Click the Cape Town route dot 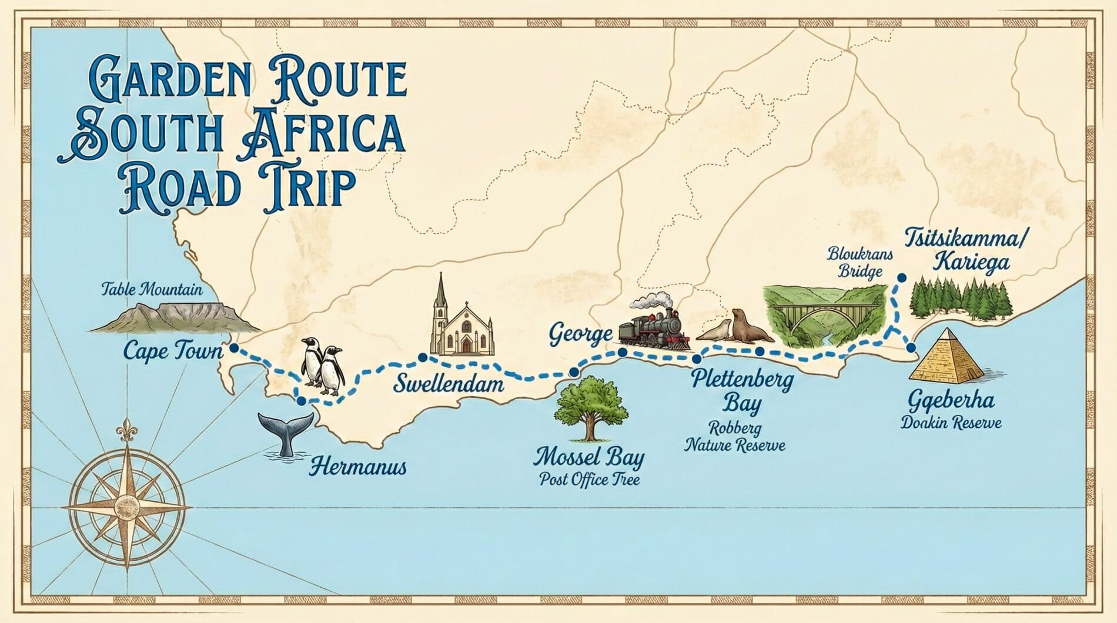pyautogui.click(x=234, y=348)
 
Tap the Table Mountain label pyautogui.click(x=152, y=289)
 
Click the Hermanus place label pyautogui.click(x=357, y=467)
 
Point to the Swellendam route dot pyautogui.click(x=422, y=357)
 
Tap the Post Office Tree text pyautogui.click(x=589, y=480)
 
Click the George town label pyautogui.click(x=580, y=334)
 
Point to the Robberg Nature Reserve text pyautogui.click(x=735, y=436)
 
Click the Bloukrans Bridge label pyautogui.click(x=860, y=263)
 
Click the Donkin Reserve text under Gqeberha pyautogui.click(x=951, y=423)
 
